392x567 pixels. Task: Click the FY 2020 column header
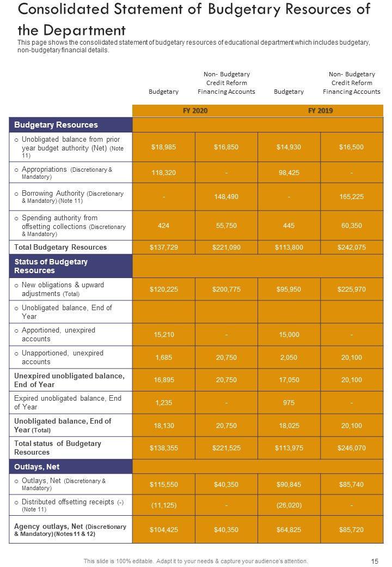pos(195,111)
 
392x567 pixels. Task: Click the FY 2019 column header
pos(320,111)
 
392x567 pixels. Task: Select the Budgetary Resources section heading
pos(56,125)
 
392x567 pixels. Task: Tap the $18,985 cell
pos(163,147)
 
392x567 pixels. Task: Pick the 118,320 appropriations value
pos(163,172)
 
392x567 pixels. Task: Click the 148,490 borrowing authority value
pos(226,197)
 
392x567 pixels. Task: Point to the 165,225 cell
pos(352,197)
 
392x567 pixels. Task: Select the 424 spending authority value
pos(163,225)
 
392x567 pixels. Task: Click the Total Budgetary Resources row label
pos(60,248)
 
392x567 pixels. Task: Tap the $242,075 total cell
pos(352,248)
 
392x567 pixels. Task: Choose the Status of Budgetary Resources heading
pos(51,266)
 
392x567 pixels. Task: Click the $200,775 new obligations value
pos(226,289)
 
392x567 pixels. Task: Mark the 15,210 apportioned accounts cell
pos(163,334)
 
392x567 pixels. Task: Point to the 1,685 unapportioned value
pos(163,357)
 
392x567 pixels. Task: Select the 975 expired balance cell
pos(289,402)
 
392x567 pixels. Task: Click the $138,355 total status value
pos(163,448)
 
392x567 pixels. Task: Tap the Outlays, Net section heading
pos(37,467)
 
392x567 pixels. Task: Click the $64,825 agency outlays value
pos(289,529)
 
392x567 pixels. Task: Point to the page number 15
pos(375,561)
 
